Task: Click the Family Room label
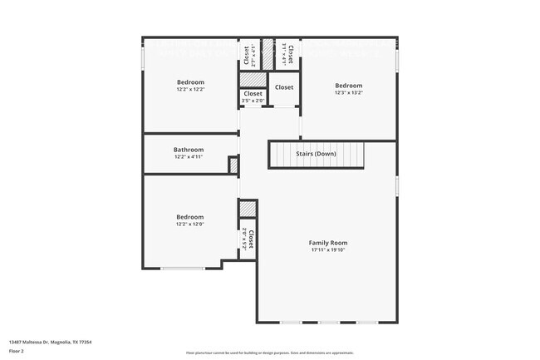328,242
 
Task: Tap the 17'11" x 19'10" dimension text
328,249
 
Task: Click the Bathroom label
189,150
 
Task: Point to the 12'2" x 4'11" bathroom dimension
189,156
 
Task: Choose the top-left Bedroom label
190,81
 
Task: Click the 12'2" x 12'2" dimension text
190,89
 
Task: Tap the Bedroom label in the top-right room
348,86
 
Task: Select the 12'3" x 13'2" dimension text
348,93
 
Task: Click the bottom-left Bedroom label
189,217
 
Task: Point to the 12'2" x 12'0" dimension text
189,224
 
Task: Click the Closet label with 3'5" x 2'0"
253,94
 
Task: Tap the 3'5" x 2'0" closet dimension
253,101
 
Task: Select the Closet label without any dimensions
284,87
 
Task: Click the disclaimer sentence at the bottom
270,353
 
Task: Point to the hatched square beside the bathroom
233,165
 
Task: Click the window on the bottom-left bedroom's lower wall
183,268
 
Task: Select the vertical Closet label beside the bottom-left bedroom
250,240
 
